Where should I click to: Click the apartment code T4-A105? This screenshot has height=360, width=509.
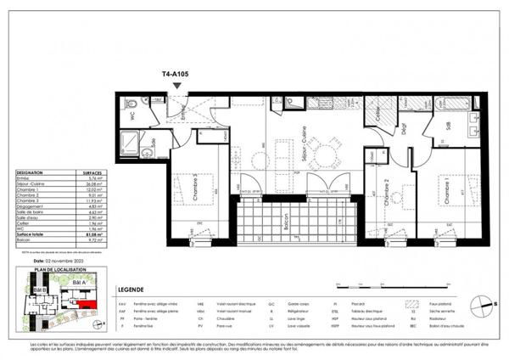pos(176,74)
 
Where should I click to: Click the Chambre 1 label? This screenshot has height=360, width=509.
pos(443,191)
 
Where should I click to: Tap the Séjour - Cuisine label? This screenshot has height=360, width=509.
pos(302,140)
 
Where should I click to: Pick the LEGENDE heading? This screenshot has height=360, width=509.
pos(139,290)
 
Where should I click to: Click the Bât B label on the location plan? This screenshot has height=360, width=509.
pos(38,290)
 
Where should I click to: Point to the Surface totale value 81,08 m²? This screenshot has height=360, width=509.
pos(76,234)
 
